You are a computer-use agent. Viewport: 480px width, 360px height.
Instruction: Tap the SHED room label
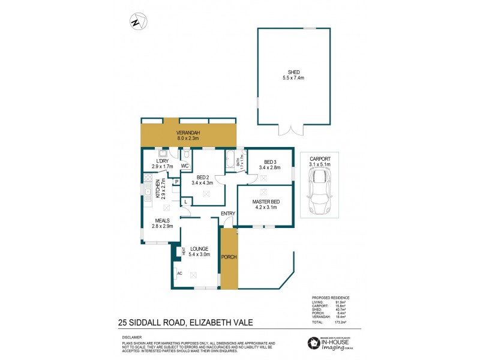tap(293, 72)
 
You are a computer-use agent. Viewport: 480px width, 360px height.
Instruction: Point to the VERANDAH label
tap(188, 133)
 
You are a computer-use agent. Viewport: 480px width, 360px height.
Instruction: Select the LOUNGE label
tap(198, 248)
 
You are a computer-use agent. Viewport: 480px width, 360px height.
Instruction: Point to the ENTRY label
tap(227, 214)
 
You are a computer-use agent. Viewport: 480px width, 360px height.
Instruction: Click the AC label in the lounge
tap(179, 273)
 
